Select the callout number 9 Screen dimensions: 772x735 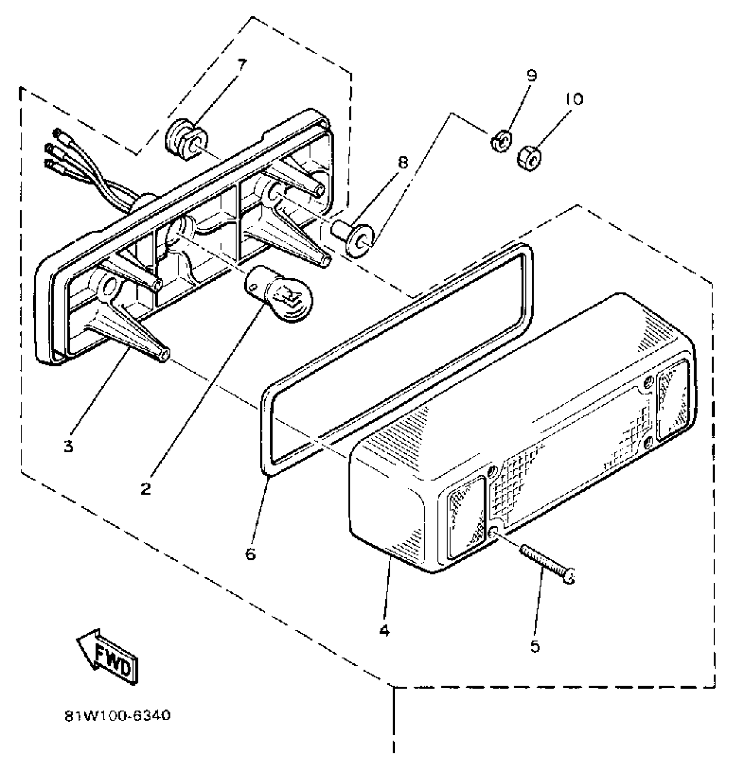click(x=531, y=76)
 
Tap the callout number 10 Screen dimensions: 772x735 click(x=574, y=99)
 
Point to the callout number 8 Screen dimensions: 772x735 click(x=402, y=163)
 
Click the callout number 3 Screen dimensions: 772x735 click(x=68, y=446)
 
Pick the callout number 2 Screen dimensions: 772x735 click(x=146, y=489)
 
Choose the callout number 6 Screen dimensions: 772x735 click(x=251, y=553)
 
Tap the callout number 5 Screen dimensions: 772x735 click(x=535, y=646)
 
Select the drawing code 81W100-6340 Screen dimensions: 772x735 click(x=118, y=716)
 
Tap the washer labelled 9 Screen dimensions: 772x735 click(x=501, y=142)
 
